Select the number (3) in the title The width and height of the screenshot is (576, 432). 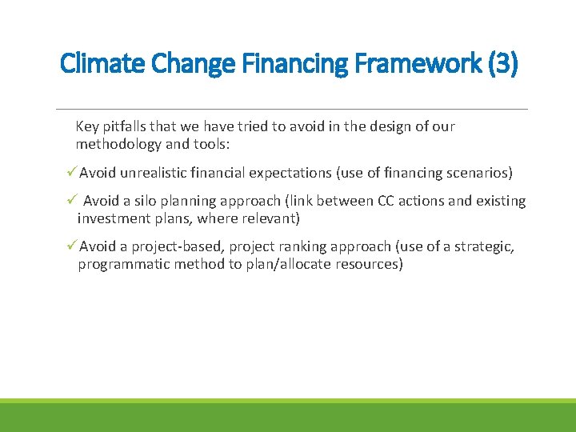500,63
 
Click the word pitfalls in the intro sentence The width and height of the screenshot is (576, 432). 126,126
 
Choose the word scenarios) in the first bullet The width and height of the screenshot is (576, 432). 478,173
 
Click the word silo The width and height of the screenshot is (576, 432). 147,201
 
